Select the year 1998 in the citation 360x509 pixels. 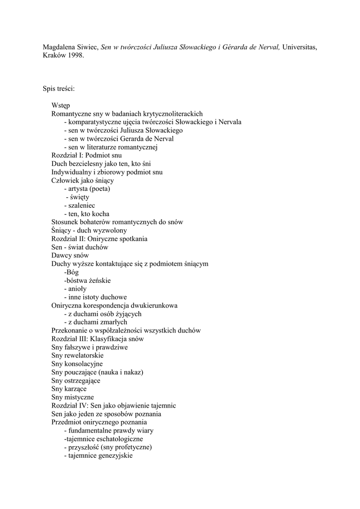tap(75, 56)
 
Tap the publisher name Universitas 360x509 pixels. tap(299, 47)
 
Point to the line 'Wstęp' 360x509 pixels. tap(61, 105)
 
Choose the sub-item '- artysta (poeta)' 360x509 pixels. tap(87, 189)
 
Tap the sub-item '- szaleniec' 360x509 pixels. tap(80, 205)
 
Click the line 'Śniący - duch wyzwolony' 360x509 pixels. tap(89, 231)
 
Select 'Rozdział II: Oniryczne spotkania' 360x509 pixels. tap(99, 239)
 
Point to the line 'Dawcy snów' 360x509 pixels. tap(70, 255)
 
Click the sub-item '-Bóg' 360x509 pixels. tap(72, 272)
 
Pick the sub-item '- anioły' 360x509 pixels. tap(76, 289)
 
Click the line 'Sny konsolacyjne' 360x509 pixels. tap(77, 364)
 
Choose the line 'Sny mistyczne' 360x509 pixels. tap(73, 397)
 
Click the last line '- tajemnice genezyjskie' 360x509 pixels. tap(98, 456)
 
